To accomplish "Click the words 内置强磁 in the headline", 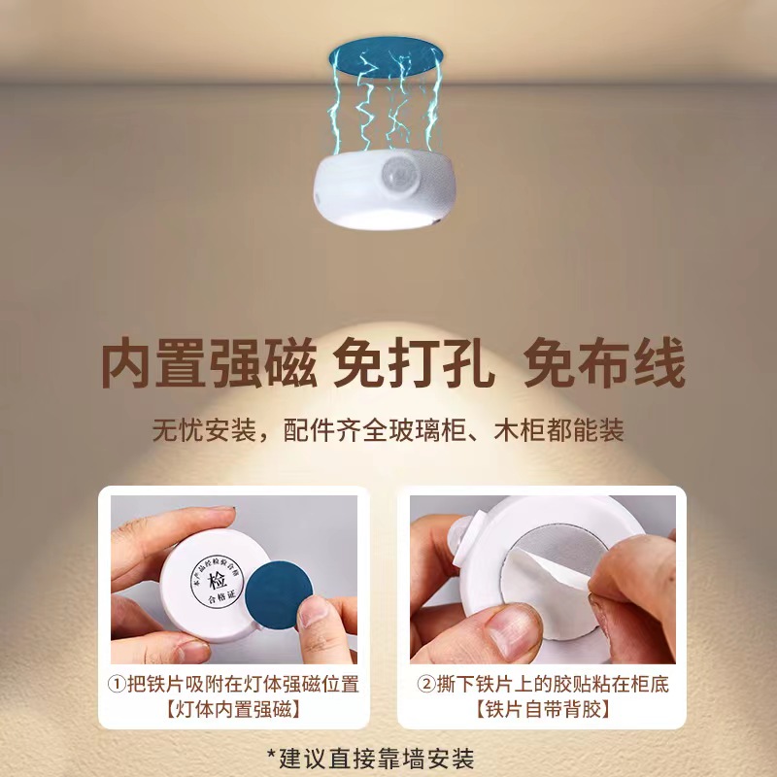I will pos(209,366).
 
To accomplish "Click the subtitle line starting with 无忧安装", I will pos(388,429).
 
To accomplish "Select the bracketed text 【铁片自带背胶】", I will pos(543,710).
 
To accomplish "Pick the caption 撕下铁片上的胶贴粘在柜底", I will pos(553,685).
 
